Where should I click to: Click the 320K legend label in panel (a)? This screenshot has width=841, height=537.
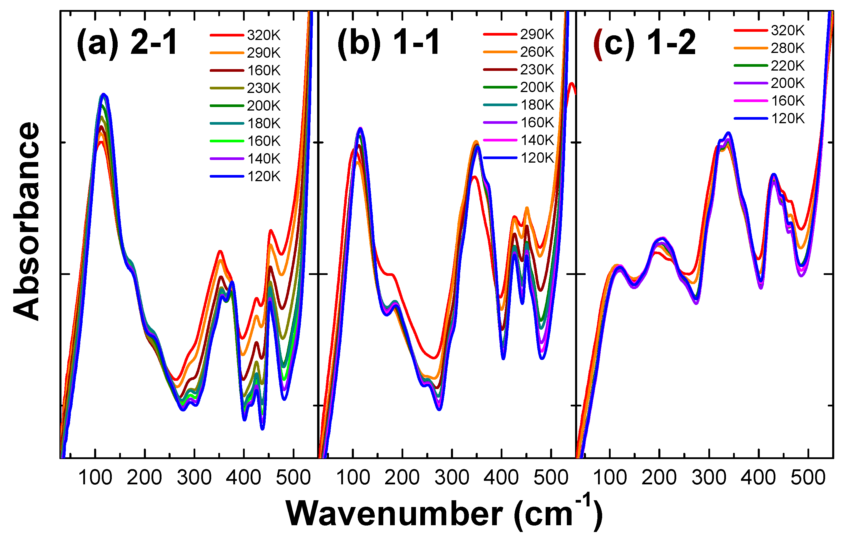264,35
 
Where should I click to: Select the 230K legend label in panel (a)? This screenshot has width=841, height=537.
264,88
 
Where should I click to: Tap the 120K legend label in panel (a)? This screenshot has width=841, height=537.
264,176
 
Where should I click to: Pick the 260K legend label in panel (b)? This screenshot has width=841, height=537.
537,52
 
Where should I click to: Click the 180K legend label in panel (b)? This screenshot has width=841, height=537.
537,105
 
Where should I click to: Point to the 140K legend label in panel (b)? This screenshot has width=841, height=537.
537,140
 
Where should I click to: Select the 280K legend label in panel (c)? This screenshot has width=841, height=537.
787,48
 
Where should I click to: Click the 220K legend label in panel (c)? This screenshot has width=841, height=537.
787,66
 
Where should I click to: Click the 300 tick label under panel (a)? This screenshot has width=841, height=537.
194,478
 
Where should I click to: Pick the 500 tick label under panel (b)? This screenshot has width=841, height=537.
551,478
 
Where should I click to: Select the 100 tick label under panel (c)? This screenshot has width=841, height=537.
610,478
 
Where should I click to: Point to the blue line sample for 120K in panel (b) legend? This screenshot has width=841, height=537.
500,158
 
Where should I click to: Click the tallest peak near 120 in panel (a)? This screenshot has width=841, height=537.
103,95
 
